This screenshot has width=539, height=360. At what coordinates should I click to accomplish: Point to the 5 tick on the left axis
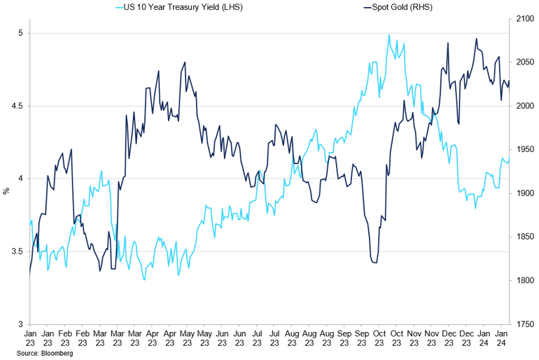(x=21, y=33)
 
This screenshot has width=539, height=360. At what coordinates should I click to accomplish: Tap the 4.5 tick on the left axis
(x=18, y=106)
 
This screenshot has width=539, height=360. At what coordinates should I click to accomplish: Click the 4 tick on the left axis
(x=21, y=179)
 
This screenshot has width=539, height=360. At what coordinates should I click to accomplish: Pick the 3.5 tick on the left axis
(x=18, y=251)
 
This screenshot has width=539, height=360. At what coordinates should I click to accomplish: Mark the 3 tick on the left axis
(x=21, y=324)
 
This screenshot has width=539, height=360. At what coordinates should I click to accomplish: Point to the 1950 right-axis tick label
(x=524, y=150)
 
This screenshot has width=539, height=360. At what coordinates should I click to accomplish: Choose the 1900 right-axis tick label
(x=524, y=193)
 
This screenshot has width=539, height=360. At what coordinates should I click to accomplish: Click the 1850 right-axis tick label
(x=524, y=237)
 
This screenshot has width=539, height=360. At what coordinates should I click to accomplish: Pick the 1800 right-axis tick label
(x=524, y=281)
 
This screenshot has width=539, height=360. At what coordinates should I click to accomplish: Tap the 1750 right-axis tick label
(x=524, y=324)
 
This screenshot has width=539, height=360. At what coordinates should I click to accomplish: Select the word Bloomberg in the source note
(x=57, y=354)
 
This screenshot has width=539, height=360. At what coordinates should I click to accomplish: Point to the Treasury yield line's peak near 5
(x=388, y=34)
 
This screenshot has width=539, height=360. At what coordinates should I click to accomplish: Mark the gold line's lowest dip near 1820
(x=374, y=263)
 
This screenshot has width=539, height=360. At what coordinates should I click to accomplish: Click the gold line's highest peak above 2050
(x=476, y=39)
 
